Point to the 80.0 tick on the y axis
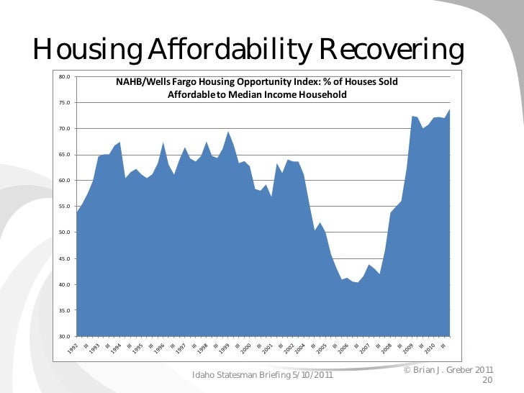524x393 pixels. pos(64,76)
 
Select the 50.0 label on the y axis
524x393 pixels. pos(64,232)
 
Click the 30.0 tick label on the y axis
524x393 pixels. pos(64,337)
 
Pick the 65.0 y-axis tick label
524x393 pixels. pos(64,155)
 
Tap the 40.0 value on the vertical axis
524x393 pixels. pos(64,285)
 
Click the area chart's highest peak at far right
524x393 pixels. pos(449,110)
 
